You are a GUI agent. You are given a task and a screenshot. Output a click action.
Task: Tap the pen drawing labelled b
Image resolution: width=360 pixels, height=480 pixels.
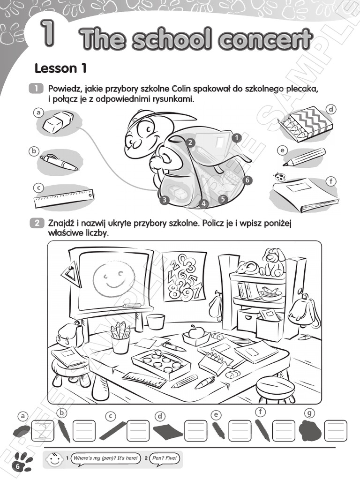click(x=60, y=162)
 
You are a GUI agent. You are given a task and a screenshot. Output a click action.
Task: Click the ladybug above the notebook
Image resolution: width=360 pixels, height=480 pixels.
click(x=278, y=177)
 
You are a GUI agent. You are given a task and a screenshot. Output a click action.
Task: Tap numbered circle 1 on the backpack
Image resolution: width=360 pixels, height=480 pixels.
click(x=236, y=138)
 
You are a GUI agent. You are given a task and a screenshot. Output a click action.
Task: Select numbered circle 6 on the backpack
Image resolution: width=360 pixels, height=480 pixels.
click(x=247, y=180)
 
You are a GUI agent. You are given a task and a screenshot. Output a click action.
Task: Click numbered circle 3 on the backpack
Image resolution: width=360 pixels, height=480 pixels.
click(x=165, y=200)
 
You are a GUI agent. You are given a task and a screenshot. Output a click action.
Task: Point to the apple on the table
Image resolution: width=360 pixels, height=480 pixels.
click(x=195, y=331)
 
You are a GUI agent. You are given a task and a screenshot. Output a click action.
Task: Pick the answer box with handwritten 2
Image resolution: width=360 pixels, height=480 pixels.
click(x=43, y=431)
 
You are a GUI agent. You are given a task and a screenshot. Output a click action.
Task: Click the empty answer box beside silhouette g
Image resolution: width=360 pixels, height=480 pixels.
click(x=336, y=431)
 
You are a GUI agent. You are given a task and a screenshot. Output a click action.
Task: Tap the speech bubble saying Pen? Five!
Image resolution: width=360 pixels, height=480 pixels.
click(x=165, y=458)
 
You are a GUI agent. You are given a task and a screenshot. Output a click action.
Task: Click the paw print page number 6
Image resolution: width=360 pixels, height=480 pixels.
click(x=22, y=462)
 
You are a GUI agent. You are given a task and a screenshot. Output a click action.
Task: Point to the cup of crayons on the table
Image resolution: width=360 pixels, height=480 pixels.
click(x=121, y=337)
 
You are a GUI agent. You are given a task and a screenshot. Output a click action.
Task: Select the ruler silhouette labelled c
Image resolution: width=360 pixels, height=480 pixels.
click(x=112, y=430)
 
